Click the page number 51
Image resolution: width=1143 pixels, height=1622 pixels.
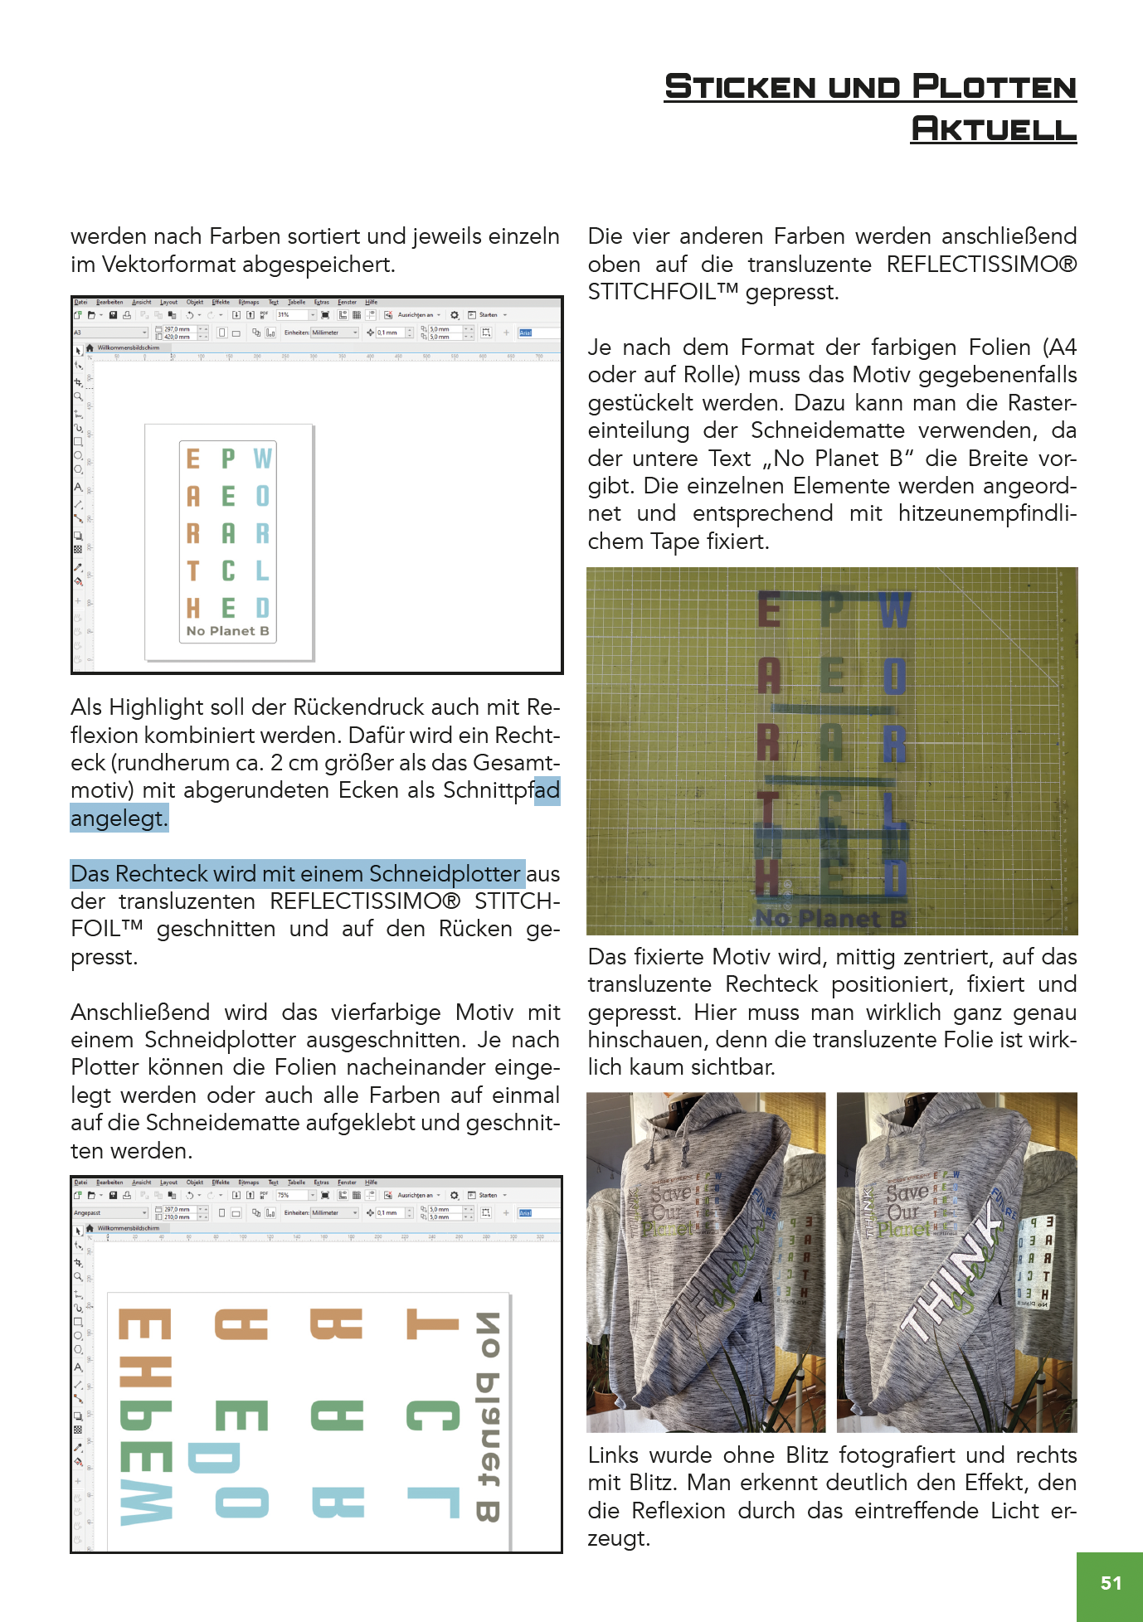[x=1111, y=1583]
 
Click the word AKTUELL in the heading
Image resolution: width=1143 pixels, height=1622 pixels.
[x=993, y=129]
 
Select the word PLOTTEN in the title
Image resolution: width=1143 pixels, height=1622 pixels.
[x=994, y=87]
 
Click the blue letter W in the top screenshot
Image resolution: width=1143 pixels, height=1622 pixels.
[x=262, y=459]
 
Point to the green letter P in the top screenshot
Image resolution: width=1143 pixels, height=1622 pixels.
[x=228, y=459]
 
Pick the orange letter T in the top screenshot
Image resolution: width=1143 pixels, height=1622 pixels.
[x=193, y=571]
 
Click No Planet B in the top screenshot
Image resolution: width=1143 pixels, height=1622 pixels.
[x=227, y=631]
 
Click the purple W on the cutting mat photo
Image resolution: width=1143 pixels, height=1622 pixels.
[x=894, y=611]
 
